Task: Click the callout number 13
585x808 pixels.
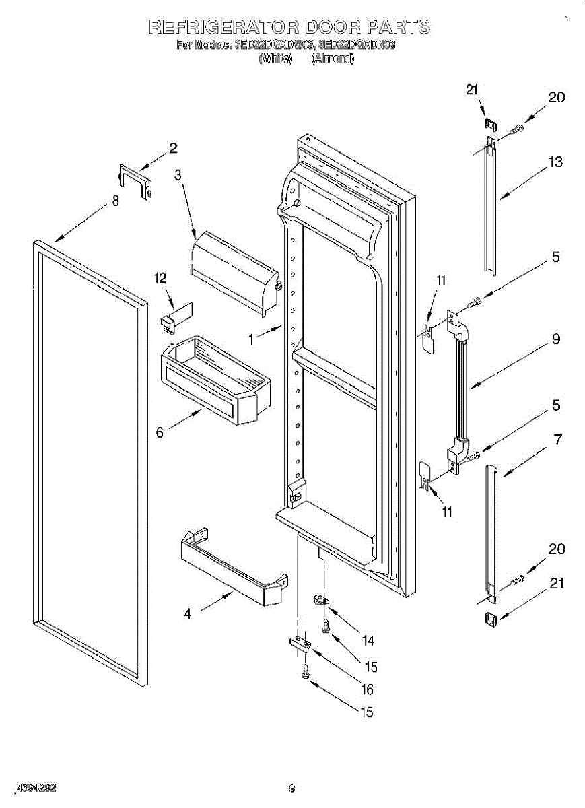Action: [555, 162]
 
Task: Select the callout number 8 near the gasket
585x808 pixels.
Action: [116, 201]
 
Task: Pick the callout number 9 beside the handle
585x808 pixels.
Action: [556, 340]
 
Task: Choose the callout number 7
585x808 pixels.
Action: [557, 440]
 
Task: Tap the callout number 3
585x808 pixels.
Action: [178, 175]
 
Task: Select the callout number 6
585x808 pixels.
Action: [160, 432]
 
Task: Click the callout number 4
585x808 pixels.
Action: [188, 613]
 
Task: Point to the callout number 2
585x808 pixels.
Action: [173, 148]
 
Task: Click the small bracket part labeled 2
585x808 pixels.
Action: [135, 180]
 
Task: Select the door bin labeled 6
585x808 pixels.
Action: [212, 380]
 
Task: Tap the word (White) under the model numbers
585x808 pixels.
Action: [276, 59]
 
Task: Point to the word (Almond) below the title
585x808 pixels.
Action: [332, 59]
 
